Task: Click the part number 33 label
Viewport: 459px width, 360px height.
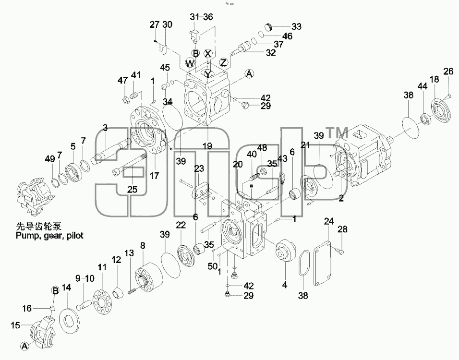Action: pyautogui.click(x=296, y=26)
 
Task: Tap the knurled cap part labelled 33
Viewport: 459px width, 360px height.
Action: pyautogui.click(x=269, y=27)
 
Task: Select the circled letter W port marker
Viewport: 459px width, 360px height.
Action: pyautogui.click(x=190, y=63)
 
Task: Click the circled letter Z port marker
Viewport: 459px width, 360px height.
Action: pyautogui.click(x=223, y=62)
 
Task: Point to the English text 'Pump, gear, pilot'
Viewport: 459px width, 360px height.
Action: pyautogui.click(x=49, y=235)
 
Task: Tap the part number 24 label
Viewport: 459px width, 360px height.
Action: pyautogui.click(x=328, y=221)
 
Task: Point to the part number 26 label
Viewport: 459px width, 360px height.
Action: pyautogui.click(x=448, y=72)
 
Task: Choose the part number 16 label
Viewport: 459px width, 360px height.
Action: pyautogui.click(x=27, y=308)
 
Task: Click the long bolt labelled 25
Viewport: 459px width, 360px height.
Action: pyautogui.click(x=129, y=164)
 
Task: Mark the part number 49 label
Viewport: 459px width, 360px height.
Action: pyautogui.click(x=50, y=159)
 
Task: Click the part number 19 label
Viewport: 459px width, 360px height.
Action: pyautogui.click(x=208, y=145)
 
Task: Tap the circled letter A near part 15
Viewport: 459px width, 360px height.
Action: pyautogui.click(x=25, y=346)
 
